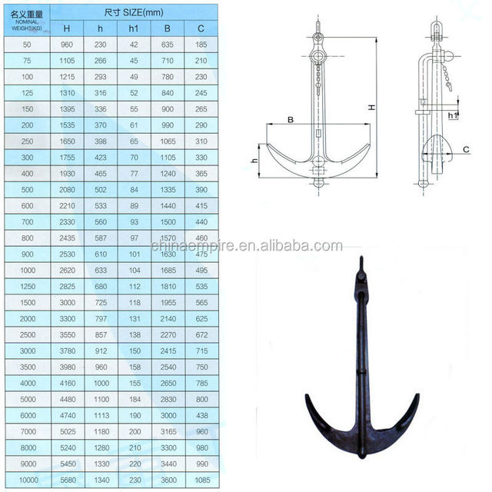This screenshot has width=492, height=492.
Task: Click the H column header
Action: click(67, 28)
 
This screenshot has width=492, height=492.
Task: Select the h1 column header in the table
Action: click(134, 28)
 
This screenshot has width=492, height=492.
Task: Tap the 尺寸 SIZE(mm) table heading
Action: click(134, 12)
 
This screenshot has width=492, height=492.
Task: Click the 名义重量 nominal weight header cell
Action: click(27, 21)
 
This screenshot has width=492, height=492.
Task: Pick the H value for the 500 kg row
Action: click(67, 190)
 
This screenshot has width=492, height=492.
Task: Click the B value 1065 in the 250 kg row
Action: click(168, 141)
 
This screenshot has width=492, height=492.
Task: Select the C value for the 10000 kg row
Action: click(202, 480)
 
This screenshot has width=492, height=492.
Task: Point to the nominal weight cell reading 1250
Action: click(28, 287)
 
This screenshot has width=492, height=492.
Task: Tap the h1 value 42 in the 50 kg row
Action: click(134, 45)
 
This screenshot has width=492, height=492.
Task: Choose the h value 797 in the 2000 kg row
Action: click(101, 319)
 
